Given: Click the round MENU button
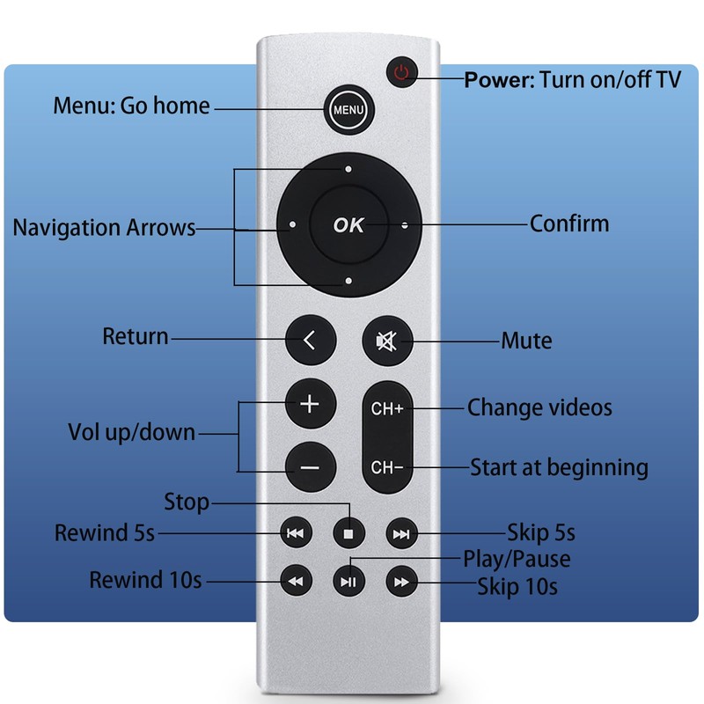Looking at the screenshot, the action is coord(348,109).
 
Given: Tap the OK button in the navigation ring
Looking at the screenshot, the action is coord(348,224).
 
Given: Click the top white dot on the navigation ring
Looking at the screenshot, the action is coord(348,169).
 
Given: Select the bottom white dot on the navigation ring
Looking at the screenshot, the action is coord(348,281).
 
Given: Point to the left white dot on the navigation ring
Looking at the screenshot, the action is coord(292,224).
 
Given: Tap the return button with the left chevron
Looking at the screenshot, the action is coord(311,340).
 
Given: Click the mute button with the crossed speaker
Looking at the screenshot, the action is coord(387,341).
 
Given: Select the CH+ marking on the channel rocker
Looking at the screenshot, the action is coord(387,408).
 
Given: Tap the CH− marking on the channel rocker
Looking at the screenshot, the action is coord(387,467).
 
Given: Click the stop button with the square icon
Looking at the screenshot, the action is coord(348,533).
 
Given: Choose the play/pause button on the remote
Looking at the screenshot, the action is coord(348,582).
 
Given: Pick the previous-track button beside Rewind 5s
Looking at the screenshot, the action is coord(296,533).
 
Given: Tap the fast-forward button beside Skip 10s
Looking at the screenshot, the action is coord(402,582).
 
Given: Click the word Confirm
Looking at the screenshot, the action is coord(569,224).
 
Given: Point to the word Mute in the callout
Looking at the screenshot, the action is coord(526,341).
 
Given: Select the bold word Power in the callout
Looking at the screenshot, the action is coord(499,80).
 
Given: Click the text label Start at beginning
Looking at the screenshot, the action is coord(559,468).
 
